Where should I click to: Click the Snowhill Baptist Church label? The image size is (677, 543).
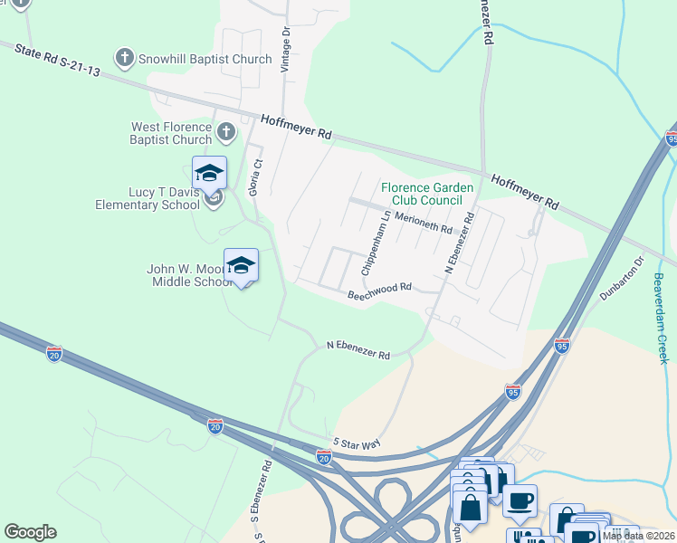click(x=205, y=59)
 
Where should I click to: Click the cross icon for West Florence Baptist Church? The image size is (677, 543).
click(x=226, y=134)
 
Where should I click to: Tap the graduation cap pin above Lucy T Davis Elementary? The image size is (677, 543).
click(x=209, y=172)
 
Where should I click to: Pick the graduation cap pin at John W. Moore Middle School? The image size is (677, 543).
click(x=241, y=264)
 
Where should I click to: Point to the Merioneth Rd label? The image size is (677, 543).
click(x=423, y=224)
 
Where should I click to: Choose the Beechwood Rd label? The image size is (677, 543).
click(x=379, y=291)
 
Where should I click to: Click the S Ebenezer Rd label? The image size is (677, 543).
click(x=262, y=497)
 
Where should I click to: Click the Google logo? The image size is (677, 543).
click(x=30, y=531)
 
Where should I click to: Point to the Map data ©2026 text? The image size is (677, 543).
click(x=637, y=536)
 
